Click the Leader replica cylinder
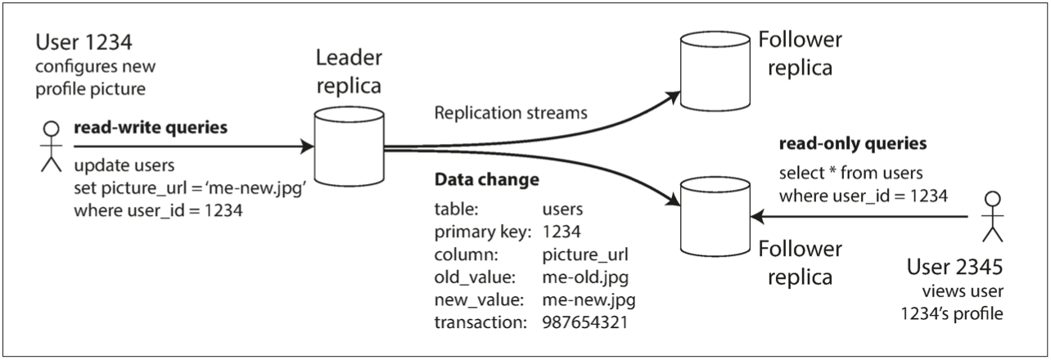point(350,148)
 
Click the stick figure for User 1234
point(52,146)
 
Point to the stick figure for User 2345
point(993,217)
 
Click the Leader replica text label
point(350,70)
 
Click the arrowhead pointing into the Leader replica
point(309,148)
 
